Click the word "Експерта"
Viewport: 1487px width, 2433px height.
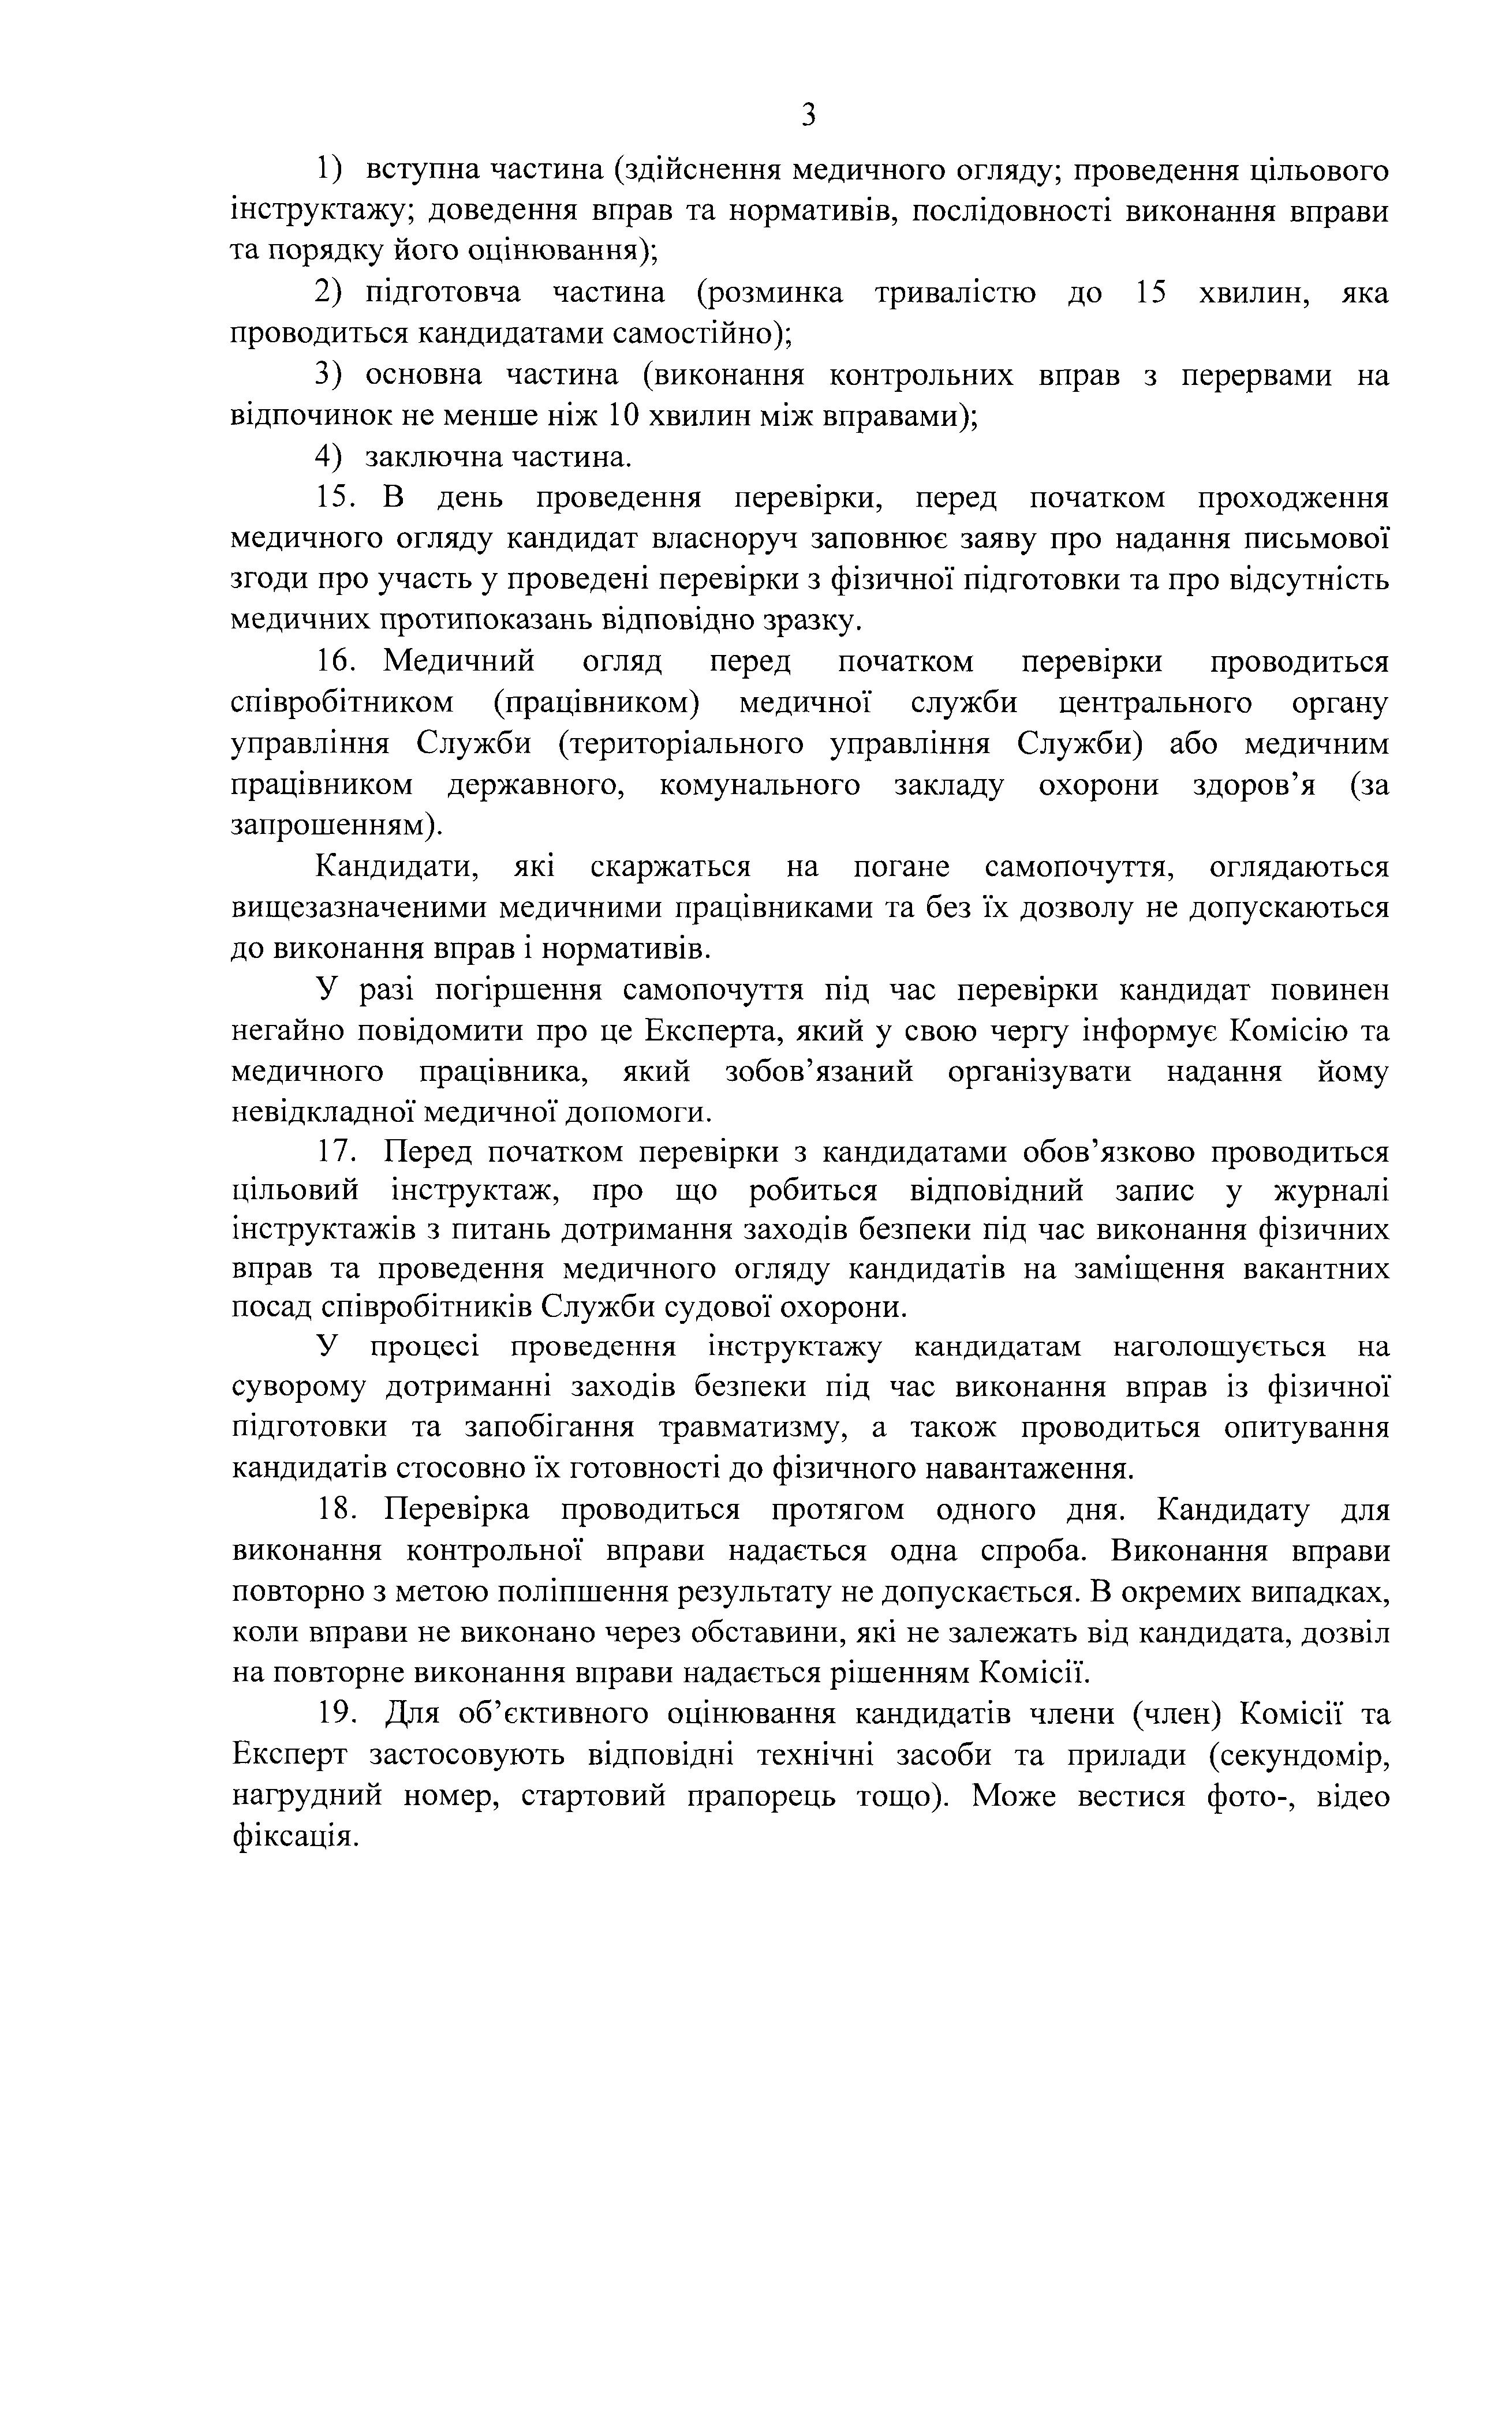(712, 1031)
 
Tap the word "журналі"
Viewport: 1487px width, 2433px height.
(1332, 1192)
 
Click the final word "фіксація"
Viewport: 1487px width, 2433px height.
(292, 1836)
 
